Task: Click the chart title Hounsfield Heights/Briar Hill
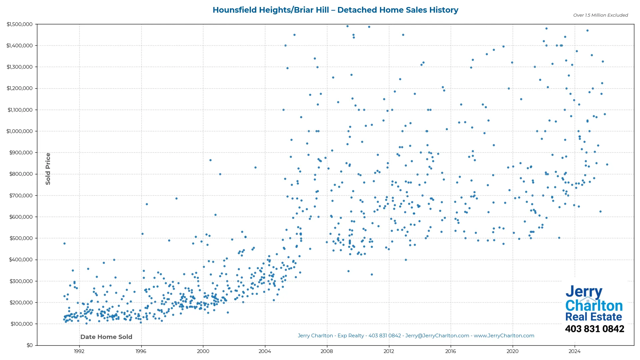click(x=335, y=10)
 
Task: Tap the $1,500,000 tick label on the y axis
click(x=19, y=24)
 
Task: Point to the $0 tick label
click(x=30, y=345)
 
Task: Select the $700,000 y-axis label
click(x=21, y=196)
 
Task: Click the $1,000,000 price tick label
click(x=19, y=131)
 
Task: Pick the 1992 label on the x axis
click(x=79, y=351)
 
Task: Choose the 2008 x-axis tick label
click(x=327, y=351)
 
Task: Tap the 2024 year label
click(x=574, y=351)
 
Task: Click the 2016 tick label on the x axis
click(x=451, y=351)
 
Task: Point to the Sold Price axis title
click(x=48, y=169)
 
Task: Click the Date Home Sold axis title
click(x=106, y=337)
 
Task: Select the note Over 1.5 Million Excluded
click(x=600, y=15)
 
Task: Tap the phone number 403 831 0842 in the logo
click(x=594, y=329)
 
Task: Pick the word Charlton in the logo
click(x=594, y=306)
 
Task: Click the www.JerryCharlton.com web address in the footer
click(x=504, y=336)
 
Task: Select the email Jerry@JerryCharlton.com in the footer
click(x=437, y=336)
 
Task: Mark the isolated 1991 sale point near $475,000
click(x=64, y=244)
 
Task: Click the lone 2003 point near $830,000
click(x=255, y=168)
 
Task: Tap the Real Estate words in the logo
click(x=594, y=317)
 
